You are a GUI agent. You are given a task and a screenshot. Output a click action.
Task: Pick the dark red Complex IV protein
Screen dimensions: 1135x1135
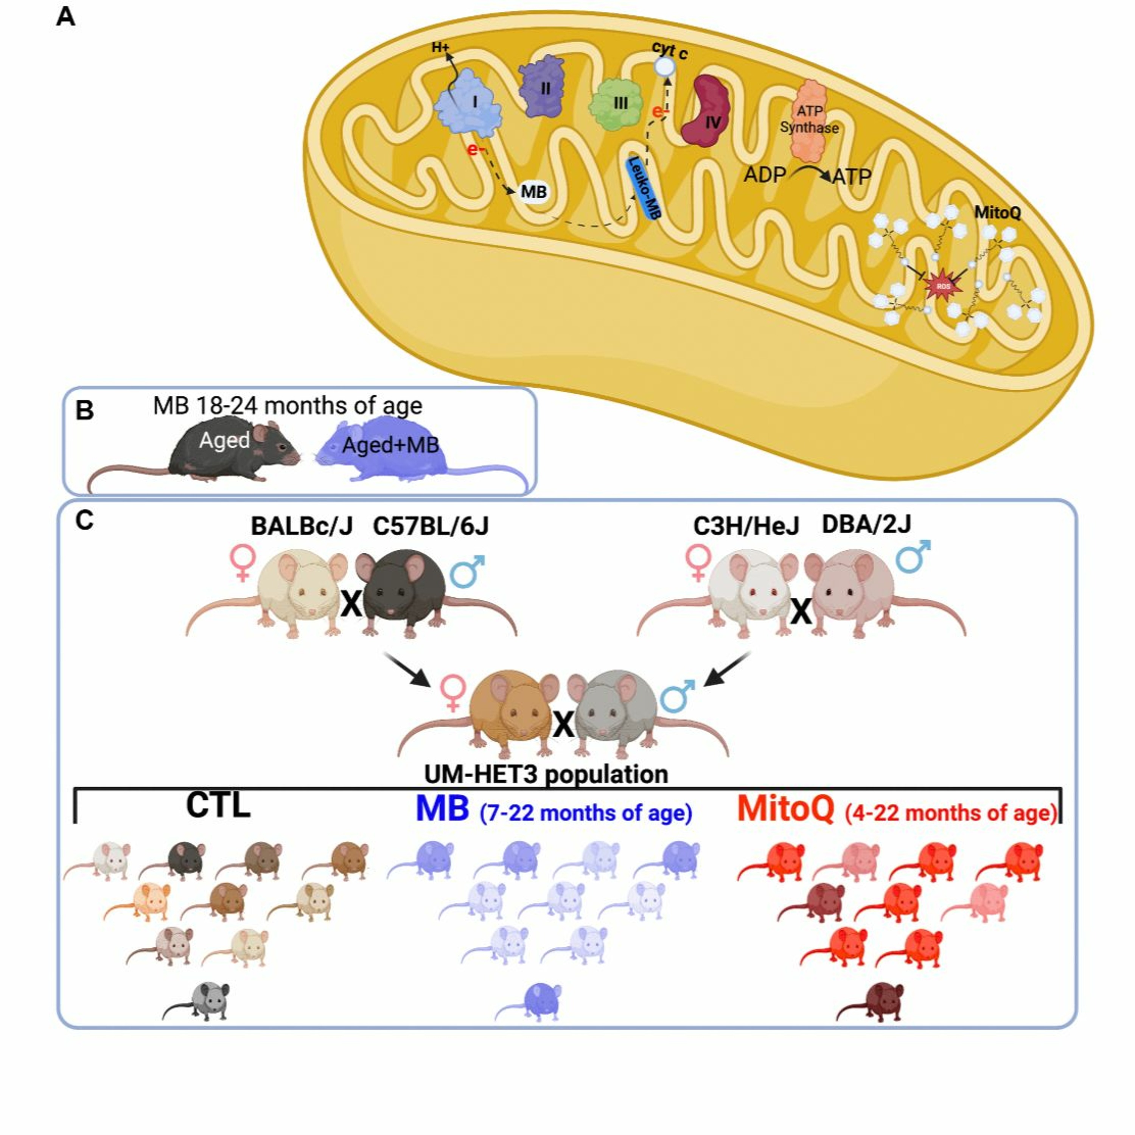[x=708, y=112]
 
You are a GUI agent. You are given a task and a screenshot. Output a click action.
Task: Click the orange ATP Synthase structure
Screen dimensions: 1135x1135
[x=810, y=120]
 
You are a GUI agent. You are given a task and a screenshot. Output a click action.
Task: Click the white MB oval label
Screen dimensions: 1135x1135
[x=533, y=192]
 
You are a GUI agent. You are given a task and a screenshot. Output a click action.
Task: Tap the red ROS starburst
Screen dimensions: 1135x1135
[x=943, y=286]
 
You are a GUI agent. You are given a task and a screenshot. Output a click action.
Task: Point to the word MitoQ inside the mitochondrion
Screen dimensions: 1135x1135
[x=998, y=212]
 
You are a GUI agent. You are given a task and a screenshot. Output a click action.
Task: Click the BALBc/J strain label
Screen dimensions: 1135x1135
[x=302, y=526]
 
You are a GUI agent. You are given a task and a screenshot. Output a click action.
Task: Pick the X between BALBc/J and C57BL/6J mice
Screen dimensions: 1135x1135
[x=351, y=603]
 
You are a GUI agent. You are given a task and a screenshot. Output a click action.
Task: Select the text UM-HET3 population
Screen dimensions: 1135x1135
[x=546, y=774]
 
